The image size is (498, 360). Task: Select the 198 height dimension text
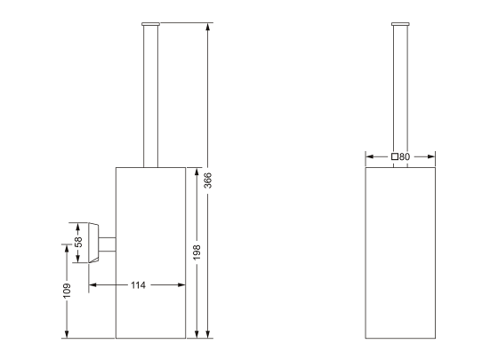coord(197,252)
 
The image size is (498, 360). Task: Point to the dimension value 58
coord(78,241)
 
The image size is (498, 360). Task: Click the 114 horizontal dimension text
coord(138,284)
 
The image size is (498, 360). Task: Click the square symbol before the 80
coord(394,156)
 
